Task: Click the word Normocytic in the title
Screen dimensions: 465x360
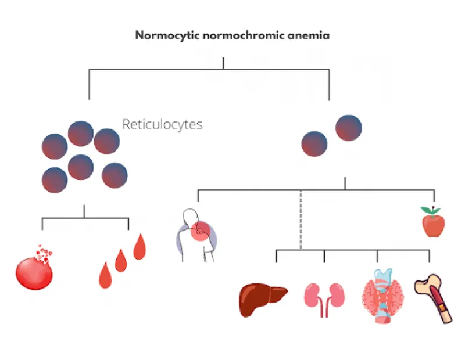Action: (167, 35)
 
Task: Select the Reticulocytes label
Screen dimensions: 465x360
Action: (162, 124)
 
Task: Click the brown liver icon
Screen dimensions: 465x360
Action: (263, 300)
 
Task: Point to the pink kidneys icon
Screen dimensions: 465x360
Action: (324, 300)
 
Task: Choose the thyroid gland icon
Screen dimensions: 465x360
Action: (383, 296)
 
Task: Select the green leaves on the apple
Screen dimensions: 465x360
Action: (431, 210)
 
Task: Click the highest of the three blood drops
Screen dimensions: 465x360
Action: (139, 247)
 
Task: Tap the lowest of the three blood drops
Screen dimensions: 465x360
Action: (105, 275)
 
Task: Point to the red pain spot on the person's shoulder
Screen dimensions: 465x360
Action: (201, 231)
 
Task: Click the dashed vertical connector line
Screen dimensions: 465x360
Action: (301, 219)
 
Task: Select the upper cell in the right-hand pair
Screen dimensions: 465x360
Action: (349, 128)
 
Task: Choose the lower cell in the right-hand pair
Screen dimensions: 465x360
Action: (314, 144)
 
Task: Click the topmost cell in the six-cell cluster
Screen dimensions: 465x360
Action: (81, 134)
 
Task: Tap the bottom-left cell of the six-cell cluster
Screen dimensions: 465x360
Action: (55, 180)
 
